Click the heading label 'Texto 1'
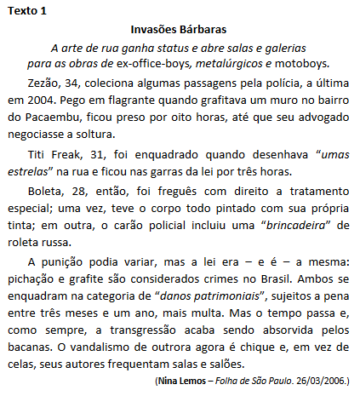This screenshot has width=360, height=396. click(x=28, y=10)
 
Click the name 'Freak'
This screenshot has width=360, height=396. click(x=66, y=155)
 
